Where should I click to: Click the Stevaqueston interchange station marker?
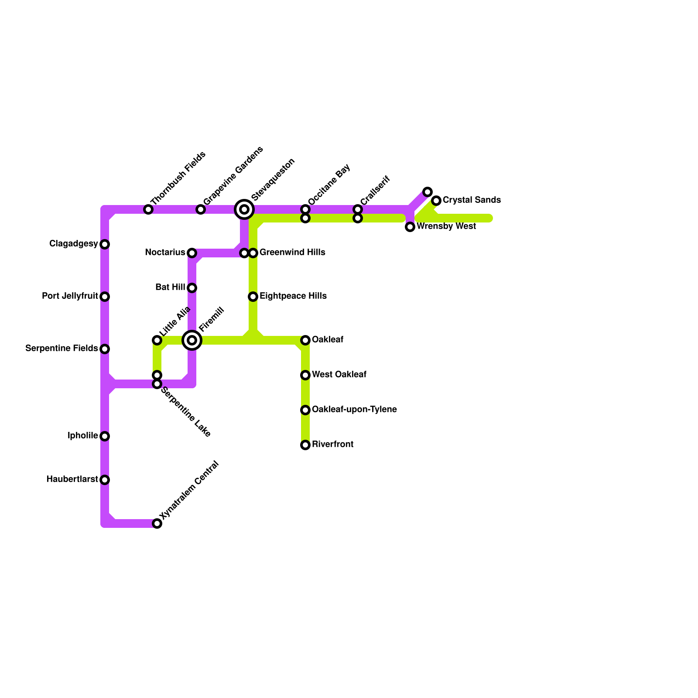(244, 209)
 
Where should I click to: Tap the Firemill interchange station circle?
(192, 340)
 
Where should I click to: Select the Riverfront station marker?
(305, 445)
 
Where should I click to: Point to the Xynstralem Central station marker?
(157, 523)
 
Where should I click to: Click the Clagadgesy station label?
(73, 244)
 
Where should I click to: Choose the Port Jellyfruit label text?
(70, 296)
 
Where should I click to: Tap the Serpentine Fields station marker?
(105, 349)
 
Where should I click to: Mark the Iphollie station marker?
(105, 436)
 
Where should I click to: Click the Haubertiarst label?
(72, 479)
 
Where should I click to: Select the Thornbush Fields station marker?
(148, 210)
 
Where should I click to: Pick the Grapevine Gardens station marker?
(200, 210)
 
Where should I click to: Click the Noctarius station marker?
(192, 253)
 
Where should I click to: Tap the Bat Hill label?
(170, 287)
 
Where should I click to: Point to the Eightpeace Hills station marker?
(253, 297)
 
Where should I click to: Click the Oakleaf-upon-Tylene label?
(354, 410)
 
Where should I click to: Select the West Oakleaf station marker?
(305, 375)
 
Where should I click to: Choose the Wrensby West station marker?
(410, 227)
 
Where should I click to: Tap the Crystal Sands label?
(472, 200)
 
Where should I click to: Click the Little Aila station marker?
(157, 340)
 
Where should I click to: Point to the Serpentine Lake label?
(186, 412)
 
